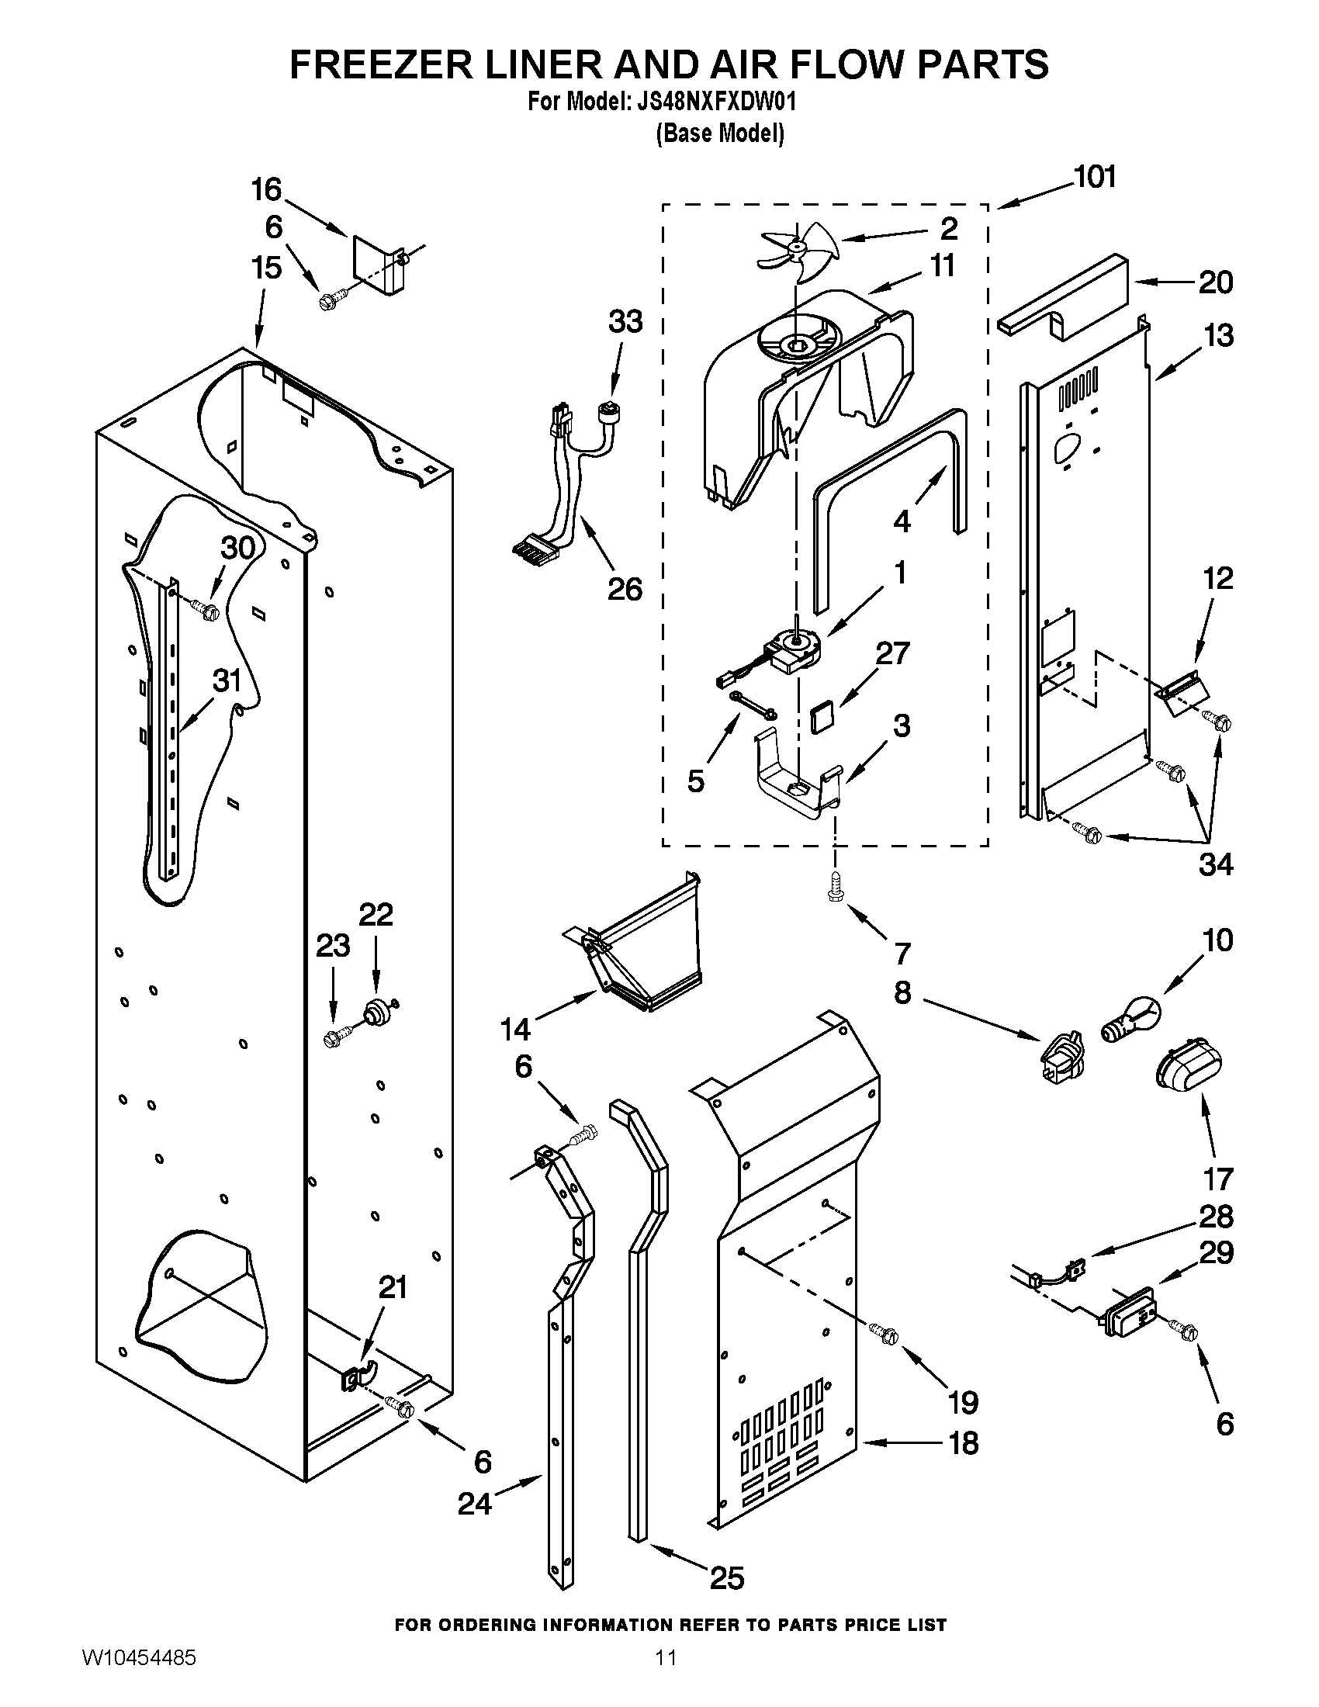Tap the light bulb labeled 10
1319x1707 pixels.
point(1131,1022)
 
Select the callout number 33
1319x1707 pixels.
point(625,321)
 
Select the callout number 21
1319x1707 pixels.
point(393,1286)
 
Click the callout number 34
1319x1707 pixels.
point(1215,864)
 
